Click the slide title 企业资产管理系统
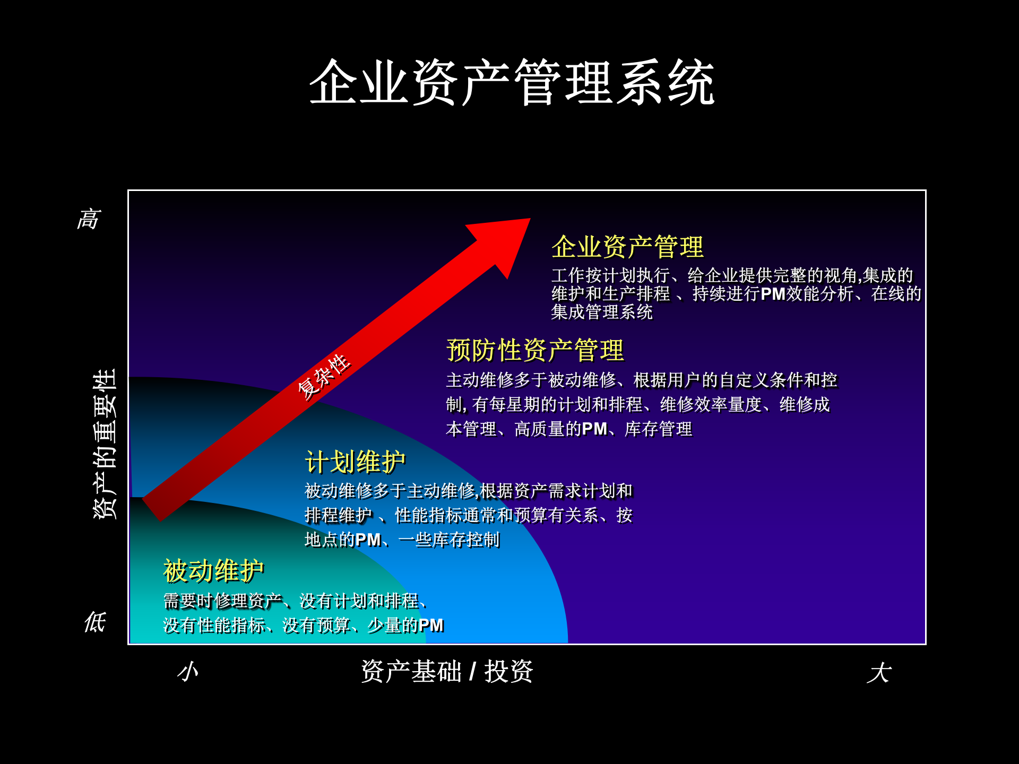(512, 83)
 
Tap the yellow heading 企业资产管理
(627, 247)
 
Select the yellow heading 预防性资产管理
(535, 350)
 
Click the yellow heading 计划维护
(355, 462)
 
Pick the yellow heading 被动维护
(213, 571)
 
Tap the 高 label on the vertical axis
(89, 219)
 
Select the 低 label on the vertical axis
(96, 622)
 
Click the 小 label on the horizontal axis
(188, 672)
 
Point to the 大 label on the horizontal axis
(879, 673)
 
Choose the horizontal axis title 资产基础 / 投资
(447, 672)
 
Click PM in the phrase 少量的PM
(430, 626)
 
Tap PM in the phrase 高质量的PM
(594, 429)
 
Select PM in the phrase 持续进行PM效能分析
(773, 293)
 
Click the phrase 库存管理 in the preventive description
(658, 429)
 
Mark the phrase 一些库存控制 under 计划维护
(449, 540)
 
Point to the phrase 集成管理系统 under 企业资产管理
(602, 312)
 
